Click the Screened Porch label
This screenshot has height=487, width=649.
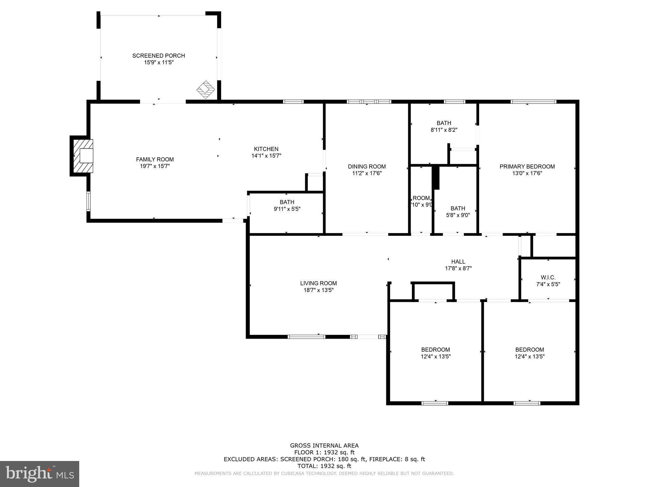tap(158, 56)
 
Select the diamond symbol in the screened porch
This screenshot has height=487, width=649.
tap(206, 89)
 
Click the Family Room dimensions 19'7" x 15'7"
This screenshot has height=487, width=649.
tap(155, 166)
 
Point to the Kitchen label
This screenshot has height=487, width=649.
tap(266, 149)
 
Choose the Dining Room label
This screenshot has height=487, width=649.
tap(367, 166)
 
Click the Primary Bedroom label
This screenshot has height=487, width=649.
tap(527, 166)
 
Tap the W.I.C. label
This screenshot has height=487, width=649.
tap(548, 277)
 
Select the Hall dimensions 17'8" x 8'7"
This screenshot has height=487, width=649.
tap(458, 269)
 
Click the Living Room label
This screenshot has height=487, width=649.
tap(318, 283)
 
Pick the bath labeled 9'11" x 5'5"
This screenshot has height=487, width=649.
tap(287, 205)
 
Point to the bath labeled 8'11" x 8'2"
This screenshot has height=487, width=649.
tap(444, 126)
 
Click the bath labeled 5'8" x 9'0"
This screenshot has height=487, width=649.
tap(458, 211)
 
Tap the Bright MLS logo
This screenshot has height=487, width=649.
tap(40, 474)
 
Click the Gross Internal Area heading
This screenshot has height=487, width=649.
tap(324, 445)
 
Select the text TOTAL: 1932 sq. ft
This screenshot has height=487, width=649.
tap(324, 466)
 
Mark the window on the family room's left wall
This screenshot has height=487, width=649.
tap(88, 201)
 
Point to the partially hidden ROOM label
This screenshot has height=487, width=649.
tap(421, 198)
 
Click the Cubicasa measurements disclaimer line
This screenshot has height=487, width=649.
tap(324, 473)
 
